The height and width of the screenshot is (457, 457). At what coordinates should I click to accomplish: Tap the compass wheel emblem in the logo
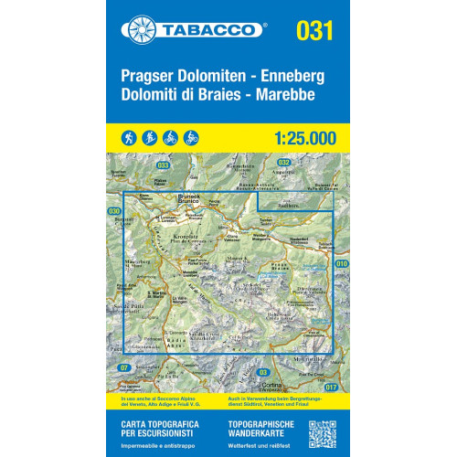click(x=141, y=29)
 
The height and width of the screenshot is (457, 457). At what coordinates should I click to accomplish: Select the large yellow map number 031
click(x=313, y=29)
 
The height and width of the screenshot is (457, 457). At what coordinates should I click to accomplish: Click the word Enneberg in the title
click(x=294, y=74)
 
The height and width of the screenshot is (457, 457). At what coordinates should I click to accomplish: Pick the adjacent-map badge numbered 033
click(x=163, y=165)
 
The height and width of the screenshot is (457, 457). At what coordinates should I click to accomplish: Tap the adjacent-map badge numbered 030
click(x=114, y=211)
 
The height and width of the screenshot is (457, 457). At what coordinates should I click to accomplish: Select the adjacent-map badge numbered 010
click(x=340, y=263)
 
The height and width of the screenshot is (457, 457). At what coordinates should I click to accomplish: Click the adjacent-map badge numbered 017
click(x=331, y=388)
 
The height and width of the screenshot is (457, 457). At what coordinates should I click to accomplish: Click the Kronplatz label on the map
click(x=177, y=235)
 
